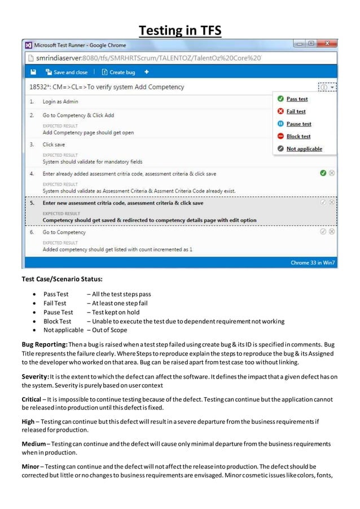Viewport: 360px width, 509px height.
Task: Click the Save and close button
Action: coord(70,72)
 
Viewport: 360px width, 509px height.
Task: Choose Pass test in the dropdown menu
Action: coord(296,99)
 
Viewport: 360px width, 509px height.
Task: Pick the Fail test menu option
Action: coord(295,111)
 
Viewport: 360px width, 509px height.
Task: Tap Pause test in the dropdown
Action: coord(298,124)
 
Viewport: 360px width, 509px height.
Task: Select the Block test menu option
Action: coord(298,136)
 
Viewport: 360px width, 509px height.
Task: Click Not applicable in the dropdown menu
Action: coord(304,148)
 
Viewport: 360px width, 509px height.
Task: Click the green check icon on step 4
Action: coord(322,173)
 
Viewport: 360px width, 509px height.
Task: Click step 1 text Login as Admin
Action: coord(60,102)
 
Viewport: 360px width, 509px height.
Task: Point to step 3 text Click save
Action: coord(54,144)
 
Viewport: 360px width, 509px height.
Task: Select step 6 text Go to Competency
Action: coord(64,232)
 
